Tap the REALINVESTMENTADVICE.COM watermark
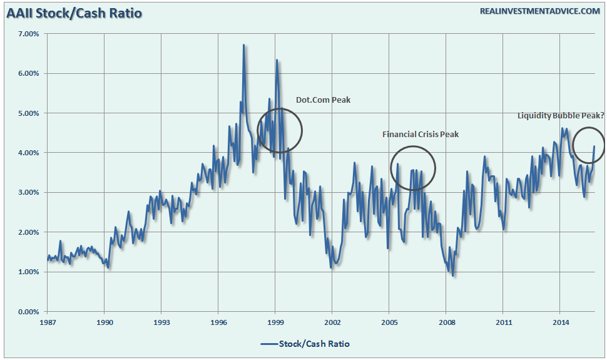[x=540, y=11]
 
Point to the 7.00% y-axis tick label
[x=27, y=34]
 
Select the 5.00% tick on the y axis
[x=27, y=113]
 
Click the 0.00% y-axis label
[x=27, y=312]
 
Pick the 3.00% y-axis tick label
[x=27, y=193]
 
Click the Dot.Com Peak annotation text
[x=325, y=100]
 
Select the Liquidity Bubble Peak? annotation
[x=560, y=116]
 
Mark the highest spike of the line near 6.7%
[x=243, y=45]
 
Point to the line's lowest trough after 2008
[x=452, y=275]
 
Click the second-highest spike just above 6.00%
[x=277, y=60]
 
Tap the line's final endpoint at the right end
[x=594, y=147]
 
